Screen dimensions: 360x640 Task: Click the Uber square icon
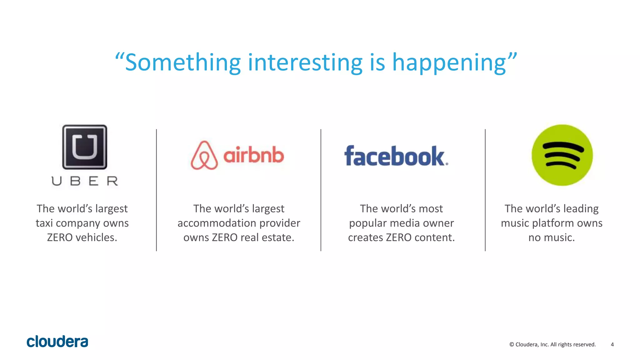point(85,147)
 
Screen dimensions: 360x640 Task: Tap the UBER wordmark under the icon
point(85,181)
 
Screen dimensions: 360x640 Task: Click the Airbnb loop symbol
point(204,155)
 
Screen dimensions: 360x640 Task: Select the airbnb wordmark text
point(253,155)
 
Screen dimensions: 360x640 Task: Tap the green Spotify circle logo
point(562,155)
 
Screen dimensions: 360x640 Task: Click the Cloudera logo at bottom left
point(57,342)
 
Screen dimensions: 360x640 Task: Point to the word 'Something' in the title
point(182,62)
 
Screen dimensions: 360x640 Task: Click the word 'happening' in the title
point(449,62)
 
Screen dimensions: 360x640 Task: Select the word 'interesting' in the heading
point(305,62)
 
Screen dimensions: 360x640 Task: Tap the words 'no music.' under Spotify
point(552,237)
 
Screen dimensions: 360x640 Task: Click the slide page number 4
point(612,344)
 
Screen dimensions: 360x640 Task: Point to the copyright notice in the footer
point(552,344)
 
